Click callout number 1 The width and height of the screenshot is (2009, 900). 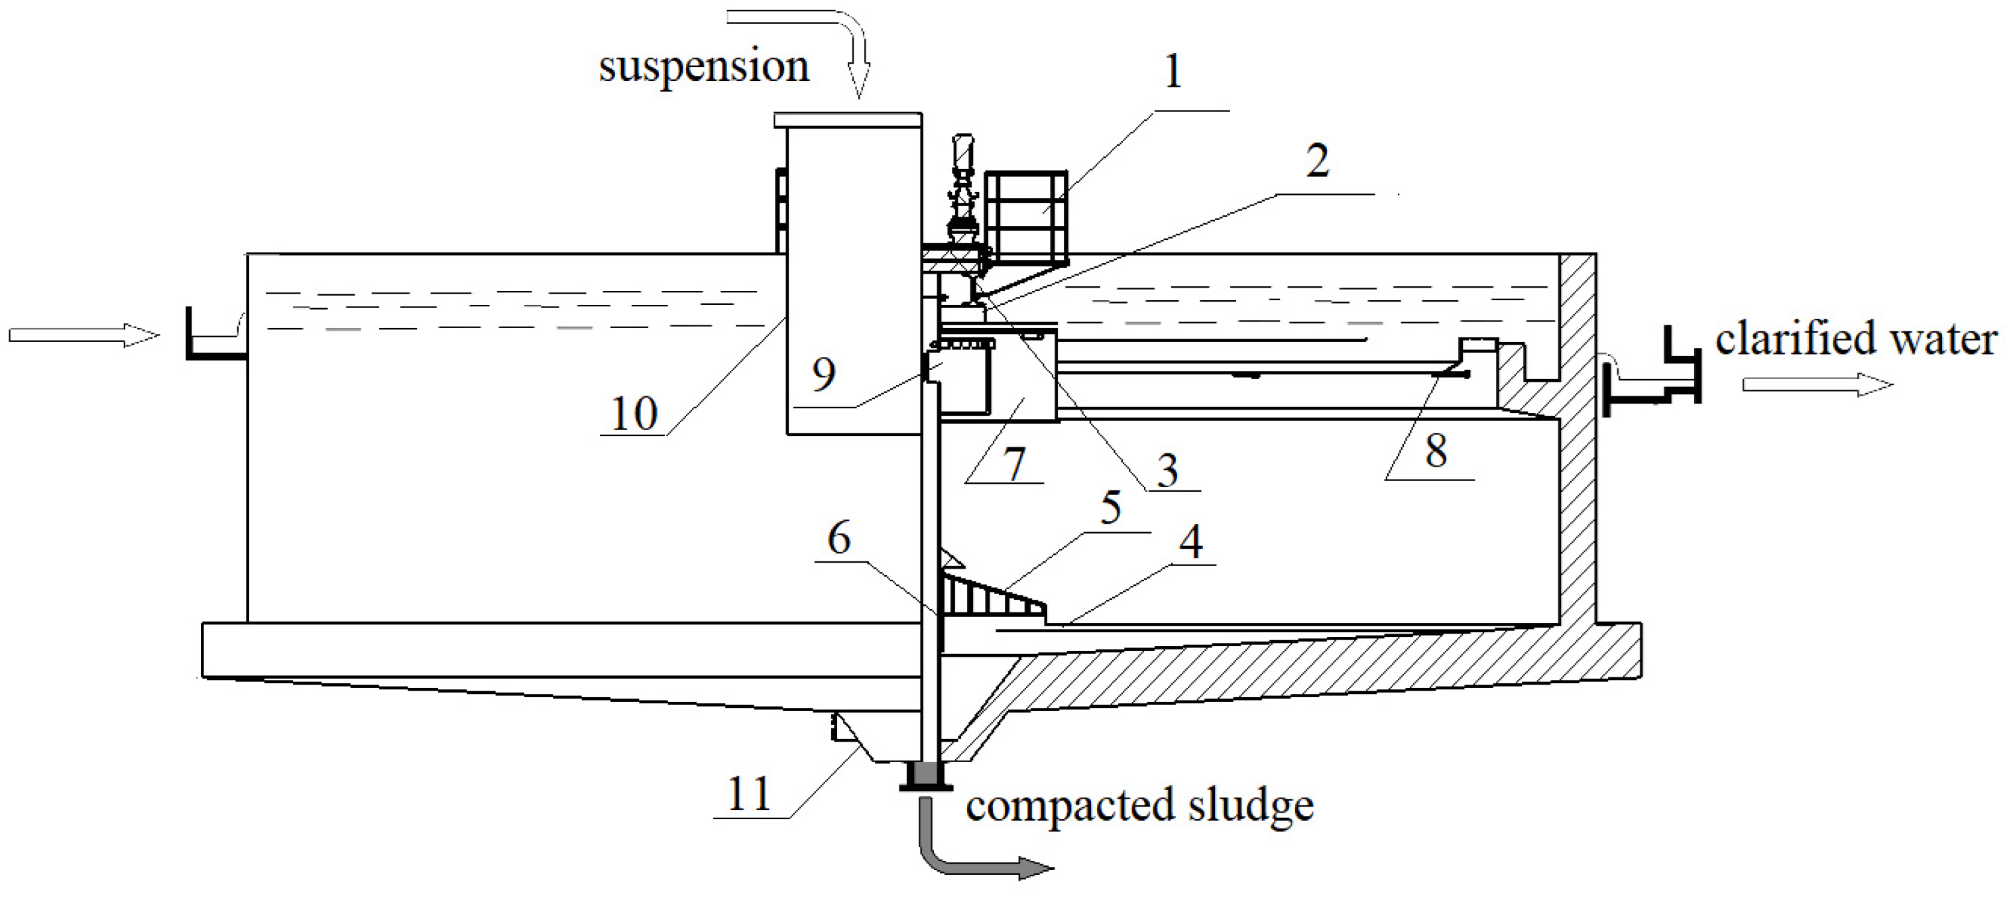[1171, 72]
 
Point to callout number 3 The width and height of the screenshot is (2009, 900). [1167, 471]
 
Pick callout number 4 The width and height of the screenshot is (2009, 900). [1190, 543]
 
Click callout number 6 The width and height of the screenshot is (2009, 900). [838, 539]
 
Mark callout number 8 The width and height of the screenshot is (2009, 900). [1436, 451]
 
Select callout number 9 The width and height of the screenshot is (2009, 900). [824, 375]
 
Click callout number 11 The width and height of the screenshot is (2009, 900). [749, 795]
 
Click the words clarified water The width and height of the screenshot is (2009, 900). [1855, 341]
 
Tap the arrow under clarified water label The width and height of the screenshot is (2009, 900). [1817, 384]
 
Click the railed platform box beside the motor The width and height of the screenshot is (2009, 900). [1025, 215]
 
